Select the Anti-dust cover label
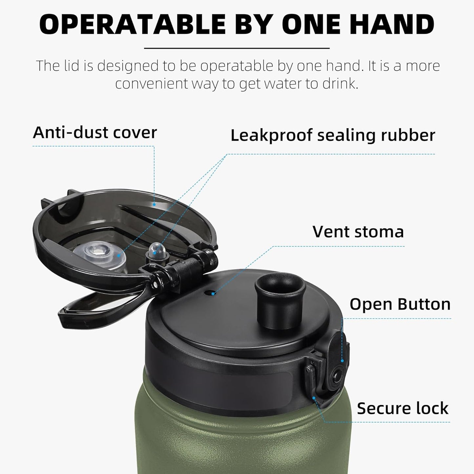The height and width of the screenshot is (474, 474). (x=95, y=133)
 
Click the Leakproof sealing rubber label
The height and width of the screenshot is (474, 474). (x=333, y=135)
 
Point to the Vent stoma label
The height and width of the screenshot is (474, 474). (x=358, y=232)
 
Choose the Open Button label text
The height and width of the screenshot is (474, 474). (x=400, y=304)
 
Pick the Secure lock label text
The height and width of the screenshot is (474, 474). (x=402, y=408)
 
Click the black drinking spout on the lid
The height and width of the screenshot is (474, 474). (x=280, y=300)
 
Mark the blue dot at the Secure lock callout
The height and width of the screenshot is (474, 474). (x=314, y=398)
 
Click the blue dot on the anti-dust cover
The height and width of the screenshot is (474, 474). (x=154, y=204)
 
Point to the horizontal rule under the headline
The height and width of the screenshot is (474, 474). (x=237, y=48)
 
